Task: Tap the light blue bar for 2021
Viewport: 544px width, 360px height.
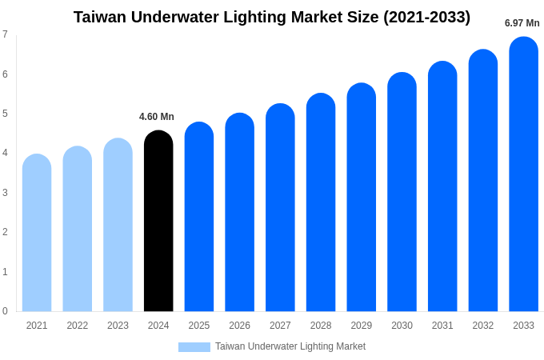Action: click(37, 233)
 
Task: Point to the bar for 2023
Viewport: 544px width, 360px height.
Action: click(118, 225)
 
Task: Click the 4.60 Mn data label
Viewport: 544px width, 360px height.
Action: click(157, 117)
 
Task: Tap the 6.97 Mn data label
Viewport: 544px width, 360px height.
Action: click(522, 23)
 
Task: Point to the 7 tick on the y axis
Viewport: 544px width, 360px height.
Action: click(5, 34)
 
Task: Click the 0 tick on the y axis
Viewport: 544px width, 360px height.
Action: click(5, 311)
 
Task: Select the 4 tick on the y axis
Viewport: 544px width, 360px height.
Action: click(5, 153)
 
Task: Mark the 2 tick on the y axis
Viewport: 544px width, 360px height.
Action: click(5, 232)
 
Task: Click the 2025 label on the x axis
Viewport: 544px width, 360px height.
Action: click(199, 326)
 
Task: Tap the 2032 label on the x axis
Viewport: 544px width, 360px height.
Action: click(483, 326)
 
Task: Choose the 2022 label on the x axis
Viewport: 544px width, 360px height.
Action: click(78, 326)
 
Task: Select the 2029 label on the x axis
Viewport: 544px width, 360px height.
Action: click(362, 326)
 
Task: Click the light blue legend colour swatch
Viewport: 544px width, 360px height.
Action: click(194, 347)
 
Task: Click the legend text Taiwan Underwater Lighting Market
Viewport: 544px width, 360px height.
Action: click(290, 346)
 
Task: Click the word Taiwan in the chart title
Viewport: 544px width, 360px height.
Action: click(102, 17)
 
